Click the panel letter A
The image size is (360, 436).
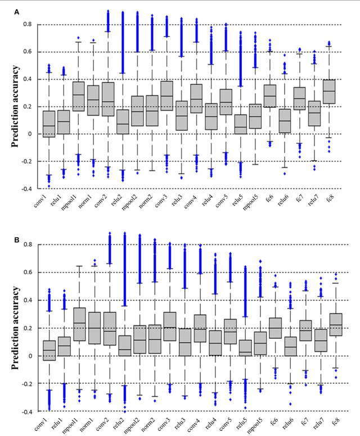point(17,11)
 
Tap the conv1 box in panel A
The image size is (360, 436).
point(49,124)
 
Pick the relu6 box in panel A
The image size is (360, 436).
point(292,121)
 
